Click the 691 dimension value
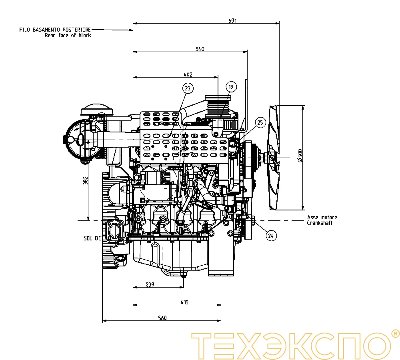(x=232, y=21)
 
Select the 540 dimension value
(x=200, y=49)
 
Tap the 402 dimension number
(x=188, y=74)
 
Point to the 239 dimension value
(x=150, y=284)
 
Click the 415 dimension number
(x=184, y=302)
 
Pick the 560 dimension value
(x=162, y=318)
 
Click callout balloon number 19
(x=231, y=86)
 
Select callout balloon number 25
(x=260, y=123)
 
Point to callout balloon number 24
(x=271, y=236)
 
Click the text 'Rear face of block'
(x=68, y=35)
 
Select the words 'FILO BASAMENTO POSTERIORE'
(x=55, y=30)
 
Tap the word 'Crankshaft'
(x=319, y=223)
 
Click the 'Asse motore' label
(x=322, y=218)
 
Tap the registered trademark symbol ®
(x=395, y=333)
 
